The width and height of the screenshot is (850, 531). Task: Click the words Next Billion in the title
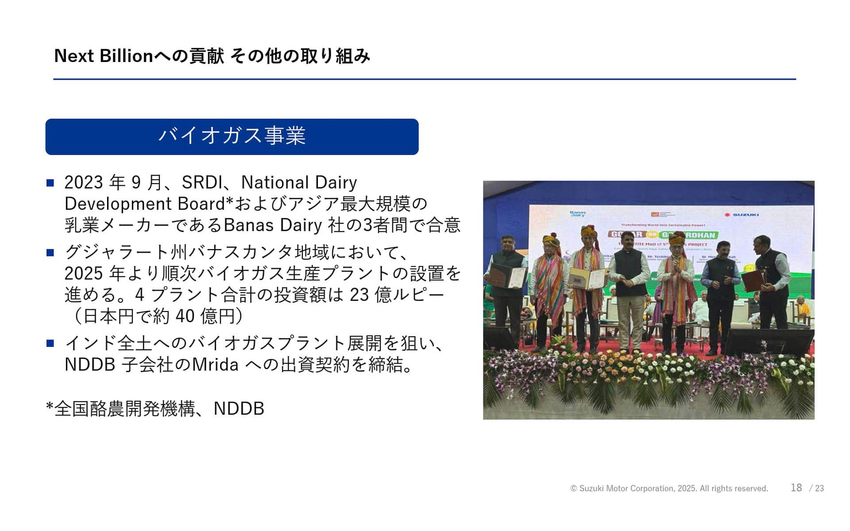pos(104,56)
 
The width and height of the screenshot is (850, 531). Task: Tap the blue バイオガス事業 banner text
pos(232,136)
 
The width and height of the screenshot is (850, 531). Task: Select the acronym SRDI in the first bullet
pos(202,182)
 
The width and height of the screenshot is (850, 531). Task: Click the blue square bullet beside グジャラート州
pos(50,253)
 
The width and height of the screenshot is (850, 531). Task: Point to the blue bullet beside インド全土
pos(50,343)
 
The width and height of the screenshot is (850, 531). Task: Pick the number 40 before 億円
pos(185,316)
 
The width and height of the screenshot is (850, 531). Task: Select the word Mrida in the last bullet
pos(215,365)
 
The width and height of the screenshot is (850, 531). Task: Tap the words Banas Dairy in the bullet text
pos(273,225)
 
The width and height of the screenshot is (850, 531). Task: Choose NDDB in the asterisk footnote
pos(239,409)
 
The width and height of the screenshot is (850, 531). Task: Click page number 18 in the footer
pos(796,488)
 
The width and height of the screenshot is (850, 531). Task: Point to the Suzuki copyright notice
pos(669,489)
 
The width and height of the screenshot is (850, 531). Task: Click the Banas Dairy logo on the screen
pos(578,214)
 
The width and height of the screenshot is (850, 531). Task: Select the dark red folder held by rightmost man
pos(753,280)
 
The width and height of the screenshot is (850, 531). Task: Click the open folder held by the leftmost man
pos(507,275)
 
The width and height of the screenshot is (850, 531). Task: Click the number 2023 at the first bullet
pos(84,182)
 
